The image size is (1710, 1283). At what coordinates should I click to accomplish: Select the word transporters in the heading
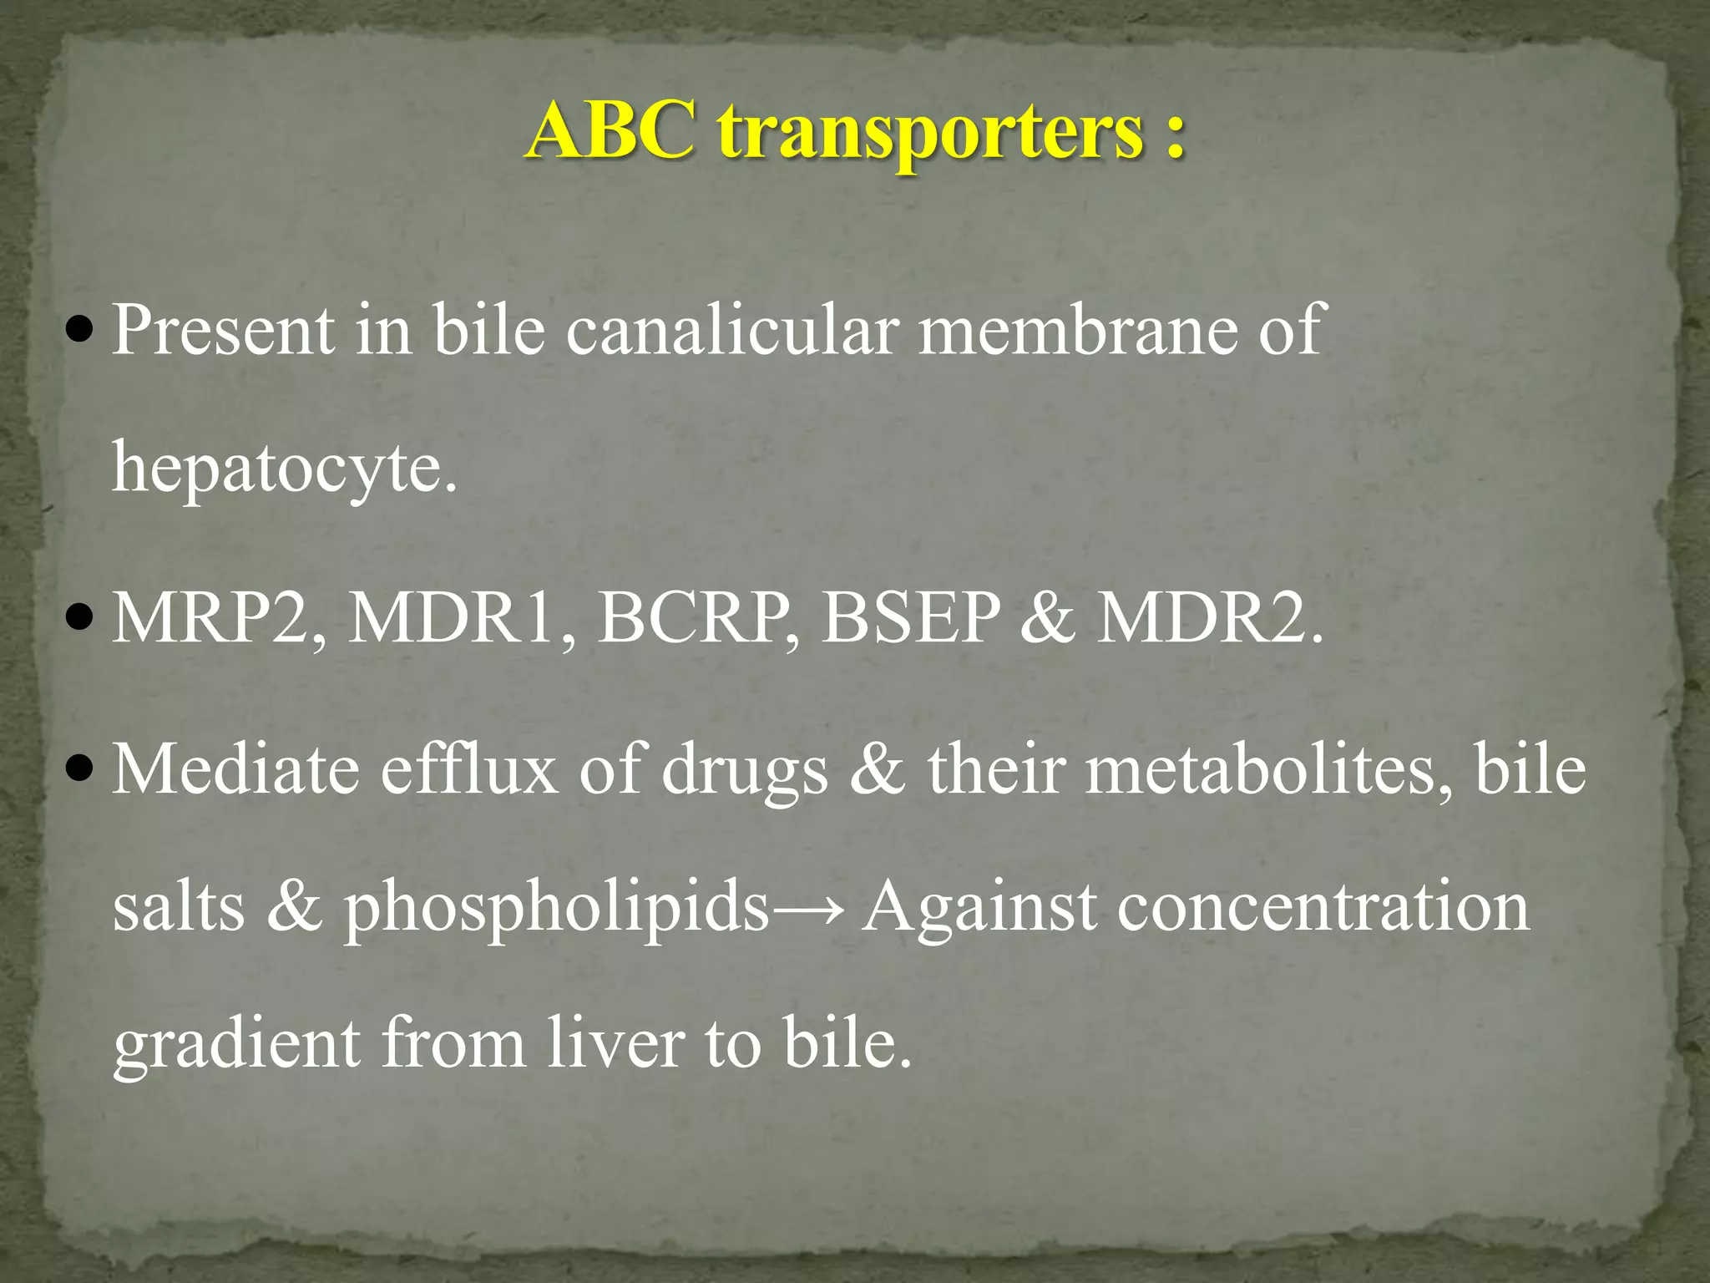(x=930, y=134)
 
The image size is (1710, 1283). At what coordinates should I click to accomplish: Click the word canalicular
(x=732, y=330)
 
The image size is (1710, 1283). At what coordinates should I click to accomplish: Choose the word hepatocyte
(x=284, y=468)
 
